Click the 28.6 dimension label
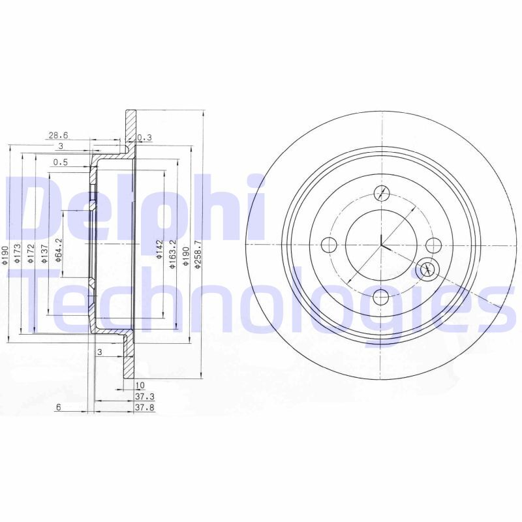[57, 135]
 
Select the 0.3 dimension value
[145, 137]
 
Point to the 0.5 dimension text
[61, 162]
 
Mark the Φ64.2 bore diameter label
[57, 250]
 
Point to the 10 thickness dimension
[140, 386]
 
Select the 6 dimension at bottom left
[58, 407]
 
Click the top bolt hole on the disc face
[382, 193]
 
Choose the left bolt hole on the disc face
[330, 245]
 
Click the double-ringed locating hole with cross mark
[427, 268]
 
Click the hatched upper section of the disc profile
[130, 130]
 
